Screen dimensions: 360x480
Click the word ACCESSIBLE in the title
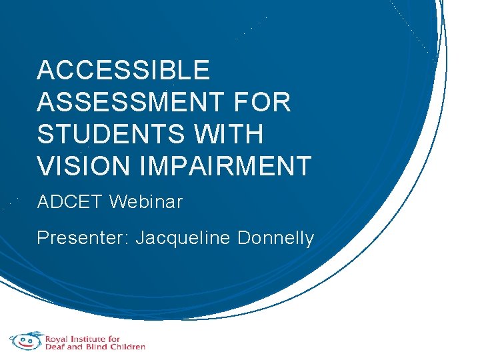pos(123,70)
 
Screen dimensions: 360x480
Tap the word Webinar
pos(146,202)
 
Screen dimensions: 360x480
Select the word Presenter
pos(83,238)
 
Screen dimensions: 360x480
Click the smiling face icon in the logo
pos(26,341)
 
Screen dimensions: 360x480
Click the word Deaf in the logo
pos(55,347)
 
